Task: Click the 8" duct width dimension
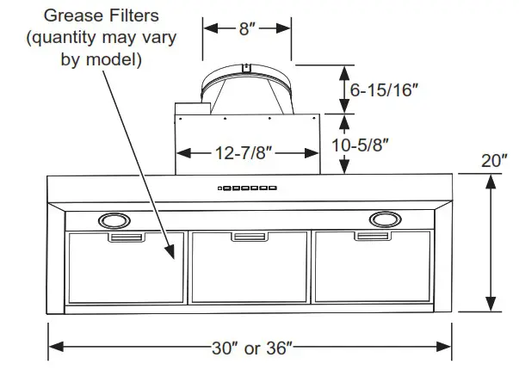(x=247, y=28)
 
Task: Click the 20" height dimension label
(x=492, y=161)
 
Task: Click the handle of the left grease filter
(x=126, y=237)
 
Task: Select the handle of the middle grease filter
(x=250, y=237)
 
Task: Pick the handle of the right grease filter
(x=374, y=237)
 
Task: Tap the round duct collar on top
(x=247, y=88)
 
